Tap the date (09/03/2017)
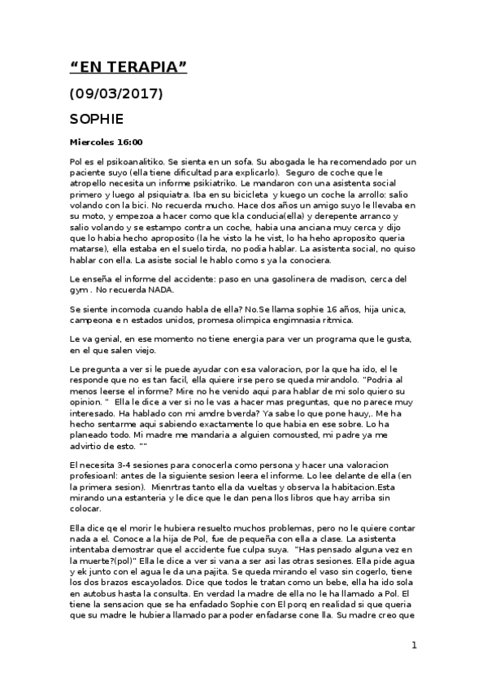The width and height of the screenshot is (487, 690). click(117, 94)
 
